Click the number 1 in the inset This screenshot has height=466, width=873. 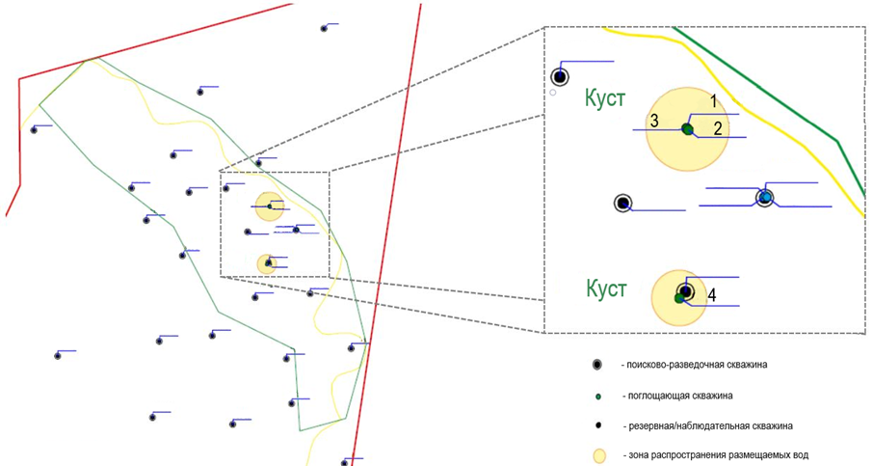[x=714, y=100]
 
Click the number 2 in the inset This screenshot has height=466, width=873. [x=718, y=126]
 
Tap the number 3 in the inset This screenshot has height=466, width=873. [x=653, y=121]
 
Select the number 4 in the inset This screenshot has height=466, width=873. [x=710, y=295]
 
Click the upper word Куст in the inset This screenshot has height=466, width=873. [x=605, y=98]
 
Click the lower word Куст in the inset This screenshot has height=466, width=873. [x=606, y=288]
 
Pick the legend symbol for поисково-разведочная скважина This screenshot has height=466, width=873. [x=598, y=365]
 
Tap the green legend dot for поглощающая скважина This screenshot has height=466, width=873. [x=598, y=396]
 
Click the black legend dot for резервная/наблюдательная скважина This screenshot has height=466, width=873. [x=598, y=425]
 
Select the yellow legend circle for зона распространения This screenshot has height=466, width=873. [x=598, y=453]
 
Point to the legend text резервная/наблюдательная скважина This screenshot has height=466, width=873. [x=707, y=425]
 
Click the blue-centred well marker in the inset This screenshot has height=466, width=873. [x=765, y=198]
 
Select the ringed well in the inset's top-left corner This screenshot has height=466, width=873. [x=559, y=77]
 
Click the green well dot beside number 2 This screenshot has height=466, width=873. [x=687, y=128]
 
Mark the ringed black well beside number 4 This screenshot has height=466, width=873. [x=685, y=291]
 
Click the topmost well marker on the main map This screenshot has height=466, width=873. [x=324, y=28]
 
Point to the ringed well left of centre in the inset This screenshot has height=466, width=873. [x=623, y=203]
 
